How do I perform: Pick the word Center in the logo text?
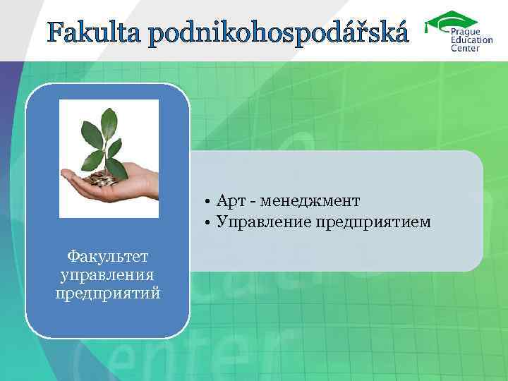pos(465,49)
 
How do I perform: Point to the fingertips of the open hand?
pos(67,174)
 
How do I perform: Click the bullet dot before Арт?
pos(210,202)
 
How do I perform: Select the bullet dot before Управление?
pos(210,224)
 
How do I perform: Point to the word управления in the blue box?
pos(108,273)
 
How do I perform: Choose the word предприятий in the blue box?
pos(108,291)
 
